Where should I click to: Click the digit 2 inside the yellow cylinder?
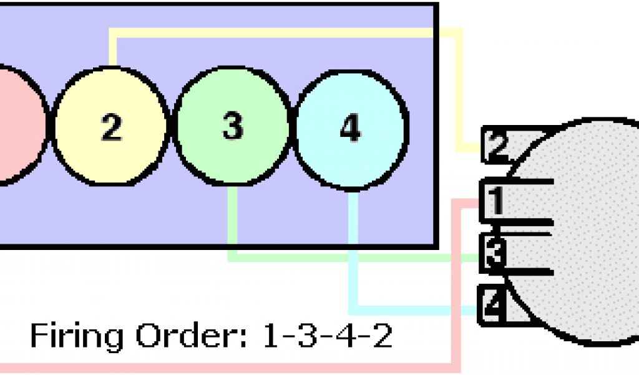(x=111, y=127)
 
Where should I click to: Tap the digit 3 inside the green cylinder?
(x=232, y=127)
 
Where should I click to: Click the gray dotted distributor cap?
(x=587, y=231)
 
